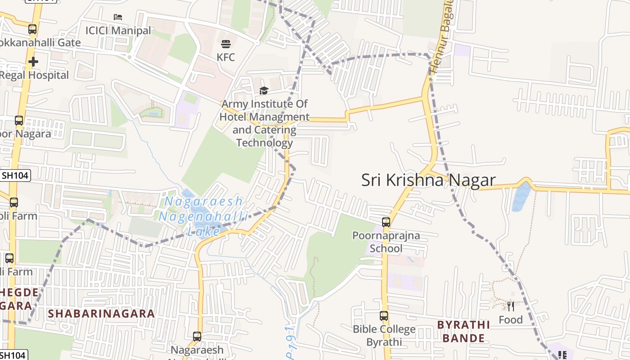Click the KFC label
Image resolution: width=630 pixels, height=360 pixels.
tap(225, 57)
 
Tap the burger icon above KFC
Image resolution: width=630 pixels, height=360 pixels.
tap(225, 44)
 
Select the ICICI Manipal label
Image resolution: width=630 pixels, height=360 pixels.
tap(118, 31)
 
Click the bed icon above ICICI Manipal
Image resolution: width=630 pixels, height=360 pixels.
tap(118, 18)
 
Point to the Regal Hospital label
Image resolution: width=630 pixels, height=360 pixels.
tap(34, 75)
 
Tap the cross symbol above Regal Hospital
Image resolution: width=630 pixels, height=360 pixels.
tap(33, 62)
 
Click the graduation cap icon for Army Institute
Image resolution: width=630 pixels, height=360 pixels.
tap(264, 91)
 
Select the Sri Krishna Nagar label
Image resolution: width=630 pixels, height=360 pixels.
tap(428, 180)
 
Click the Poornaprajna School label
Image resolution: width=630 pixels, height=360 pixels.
tap(386, 242)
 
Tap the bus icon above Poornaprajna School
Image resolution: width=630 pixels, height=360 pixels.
tap(386, 222)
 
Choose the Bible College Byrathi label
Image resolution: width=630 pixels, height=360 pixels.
tap(384, 335)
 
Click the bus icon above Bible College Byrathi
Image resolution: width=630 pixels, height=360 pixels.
tap(383, 316)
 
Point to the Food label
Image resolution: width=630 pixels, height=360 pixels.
tap(510, 320)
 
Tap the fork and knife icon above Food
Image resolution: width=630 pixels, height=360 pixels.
tap(510, 306)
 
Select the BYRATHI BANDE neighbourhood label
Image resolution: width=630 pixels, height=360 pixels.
tap(463, 331)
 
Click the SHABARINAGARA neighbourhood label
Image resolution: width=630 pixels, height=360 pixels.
tap(101, 314)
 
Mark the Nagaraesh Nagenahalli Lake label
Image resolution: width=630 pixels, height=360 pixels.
tap(203, 216)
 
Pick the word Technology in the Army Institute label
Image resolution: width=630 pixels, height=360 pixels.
tap(265, 143)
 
